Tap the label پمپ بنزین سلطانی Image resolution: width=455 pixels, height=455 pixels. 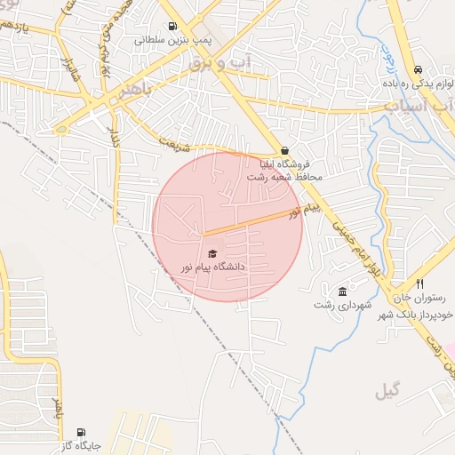[171, 40]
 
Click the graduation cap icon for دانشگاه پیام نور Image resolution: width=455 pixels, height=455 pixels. [212, 254]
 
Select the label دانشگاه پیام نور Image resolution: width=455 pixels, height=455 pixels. [212, 267]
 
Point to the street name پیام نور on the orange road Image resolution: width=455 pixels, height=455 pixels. [302, 211]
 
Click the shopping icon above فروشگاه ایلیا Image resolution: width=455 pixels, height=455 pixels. [284, 151]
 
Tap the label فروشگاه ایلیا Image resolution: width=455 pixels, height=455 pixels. [283, 164]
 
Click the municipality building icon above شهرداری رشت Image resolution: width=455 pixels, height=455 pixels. [342, 291]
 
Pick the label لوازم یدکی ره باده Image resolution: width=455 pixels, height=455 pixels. [414, 84]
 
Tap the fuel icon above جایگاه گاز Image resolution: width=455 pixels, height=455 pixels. [81, 432]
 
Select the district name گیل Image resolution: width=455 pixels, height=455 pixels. [387, 390]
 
